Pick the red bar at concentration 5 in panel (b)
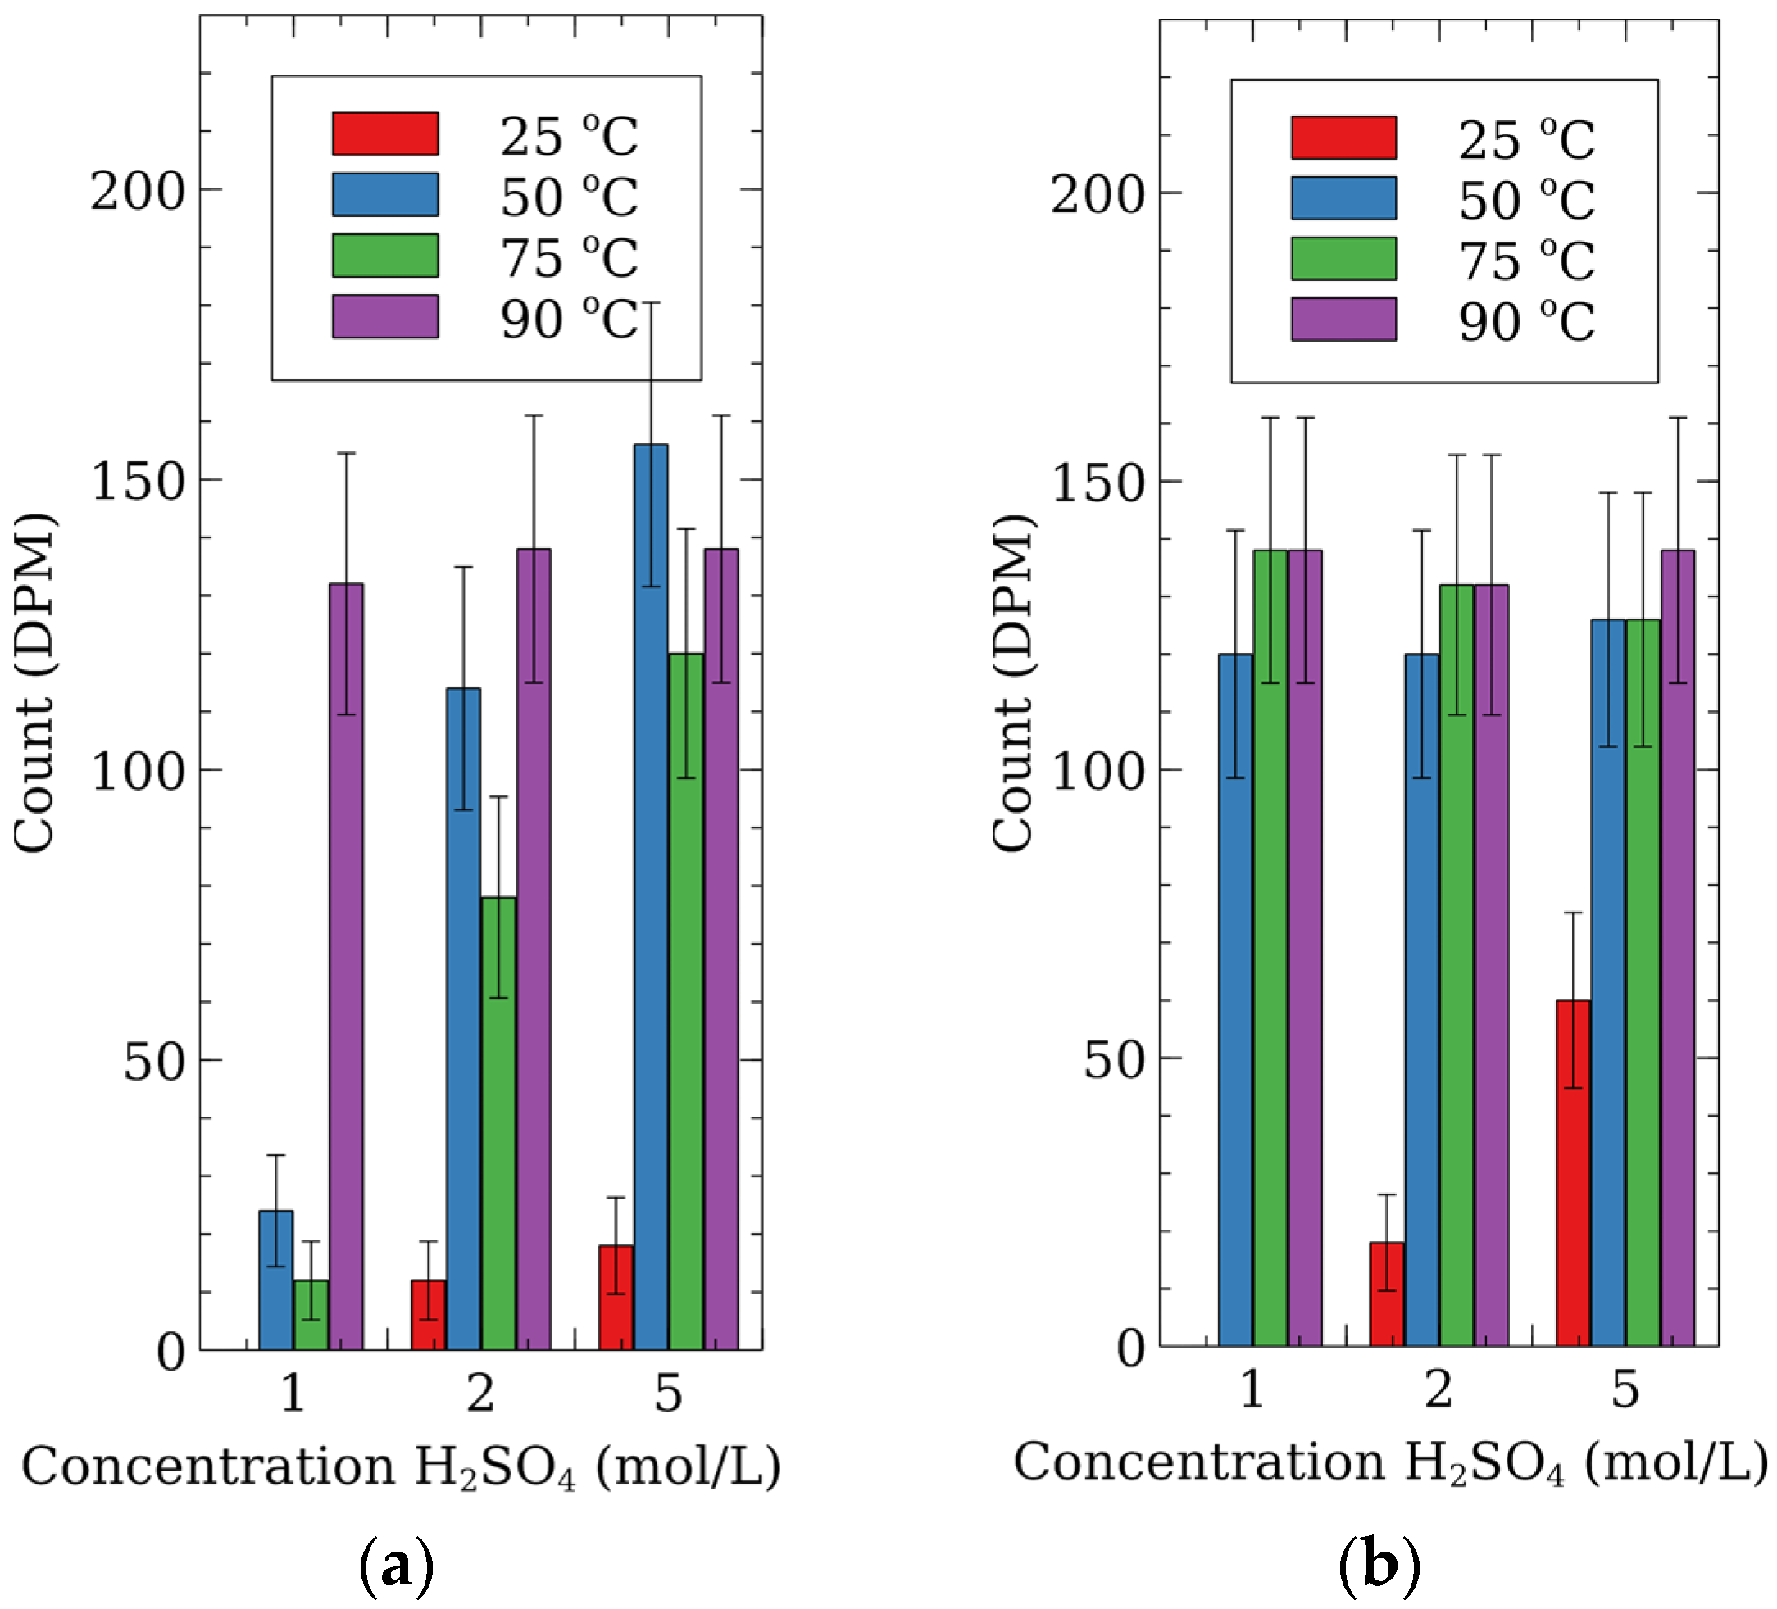(x=1573, y=1172)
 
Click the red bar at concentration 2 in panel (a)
(x=429, y=1313)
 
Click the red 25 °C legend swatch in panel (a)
(x=385, y=134)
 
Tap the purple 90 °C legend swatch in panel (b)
(x=1343, y=319)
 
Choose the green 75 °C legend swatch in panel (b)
(x=1343, y=258)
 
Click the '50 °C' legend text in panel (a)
(x=569, y=197)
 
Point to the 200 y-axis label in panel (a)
(x=138, y=190)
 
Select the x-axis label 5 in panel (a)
(x=668, y=1393)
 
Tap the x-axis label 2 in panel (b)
(x=1438, y=1389)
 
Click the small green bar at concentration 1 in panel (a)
(x=311, y=1313)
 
